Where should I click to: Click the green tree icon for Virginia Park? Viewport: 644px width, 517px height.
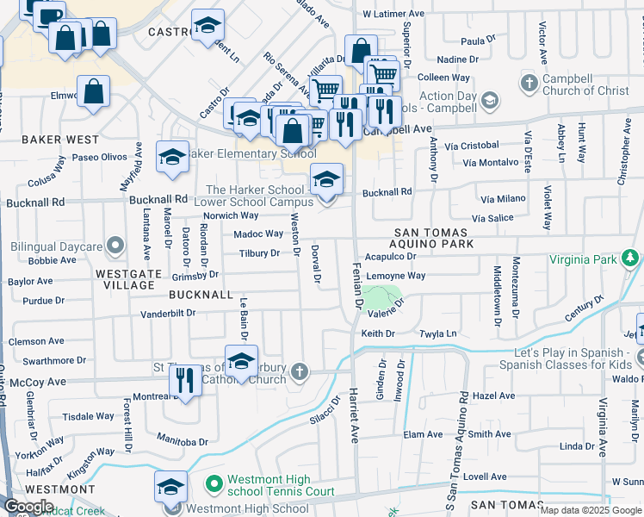[x=631, y=258]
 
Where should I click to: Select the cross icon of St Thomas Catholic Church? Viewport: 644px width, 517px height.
[x=299, y=371]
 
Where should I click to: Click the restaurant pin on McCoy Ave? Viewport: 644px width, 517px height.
[x=185, y=380]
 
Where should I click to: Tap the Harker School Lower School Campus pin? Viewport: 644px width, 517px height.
[x=326, y=180]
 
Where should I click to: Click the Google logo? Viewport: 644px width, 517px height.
[x=28, y=507]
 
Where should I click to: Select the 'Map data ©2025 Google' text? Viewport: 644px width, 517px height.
[x=591, y=510]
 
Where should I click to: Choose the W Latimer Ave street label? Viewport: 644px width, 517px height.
[x=393, y=15]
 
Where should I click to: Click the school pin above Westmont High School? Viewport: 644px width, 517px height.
[x=170, y=487]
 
